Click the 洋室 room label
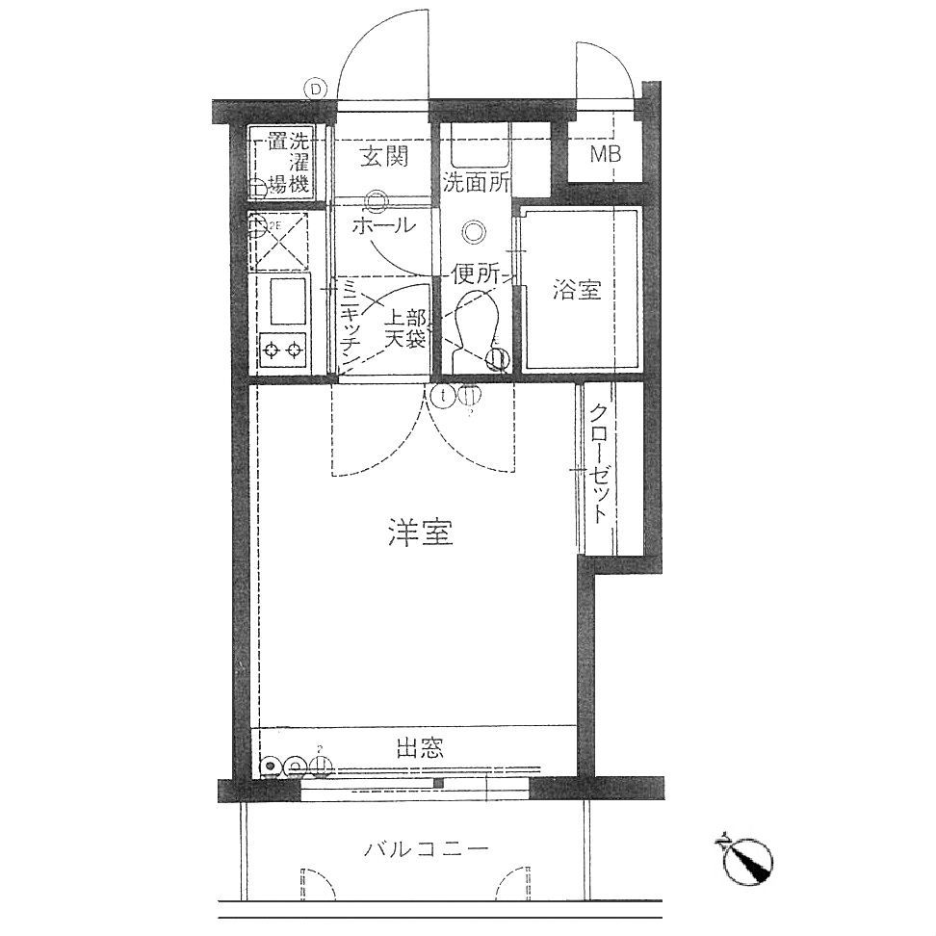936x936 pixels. click(x=421, y=533)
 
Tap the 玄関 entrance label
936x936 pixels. click(x=384, y=157)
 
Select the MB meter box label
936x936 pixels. click(x=605, y=154)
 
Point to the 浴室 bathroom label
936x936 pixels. click(x=578, y=290)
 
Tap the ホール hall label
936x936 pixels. click(x=384, y=227)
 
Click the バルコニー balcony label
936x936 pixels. click(x=427, y=849)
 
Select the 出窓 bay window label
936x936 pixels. click(x=420, y=747)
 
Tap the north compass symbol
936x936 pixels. click(x=749, y=858)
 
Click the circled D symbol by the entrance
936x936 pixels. click(x=315, y=89)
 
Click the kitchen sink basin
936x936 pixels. click(x=287, y=300)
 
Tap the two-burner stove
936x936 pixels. click(x=282, y=349)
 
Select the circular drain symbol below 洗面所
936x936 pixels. click(x=473, y=232)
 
